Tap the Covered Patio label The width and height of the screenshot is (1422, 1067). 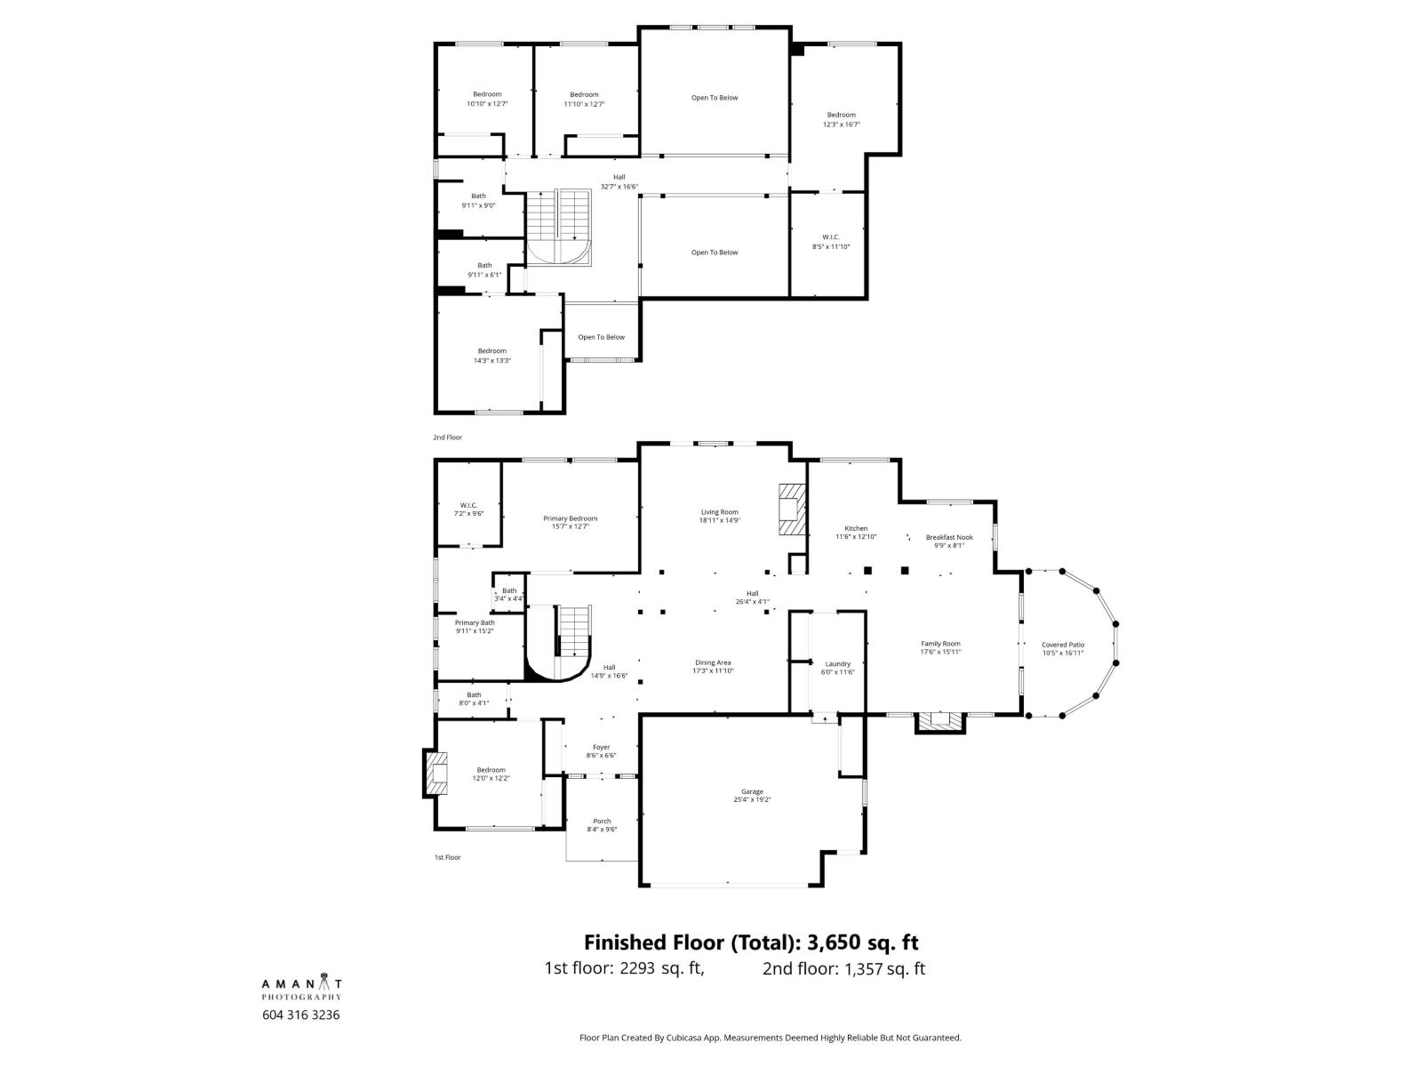tap(1063, 645)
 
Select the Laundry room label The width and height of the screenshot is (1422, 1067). tap(837, 663)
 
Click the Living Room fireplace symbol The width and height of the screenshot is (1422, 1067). tap(788, 509)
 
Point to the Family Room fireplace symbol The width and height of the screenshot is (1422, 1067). tap(939, 723)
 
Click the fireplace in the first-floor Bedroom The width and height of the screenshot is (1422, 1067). tap(435, 774)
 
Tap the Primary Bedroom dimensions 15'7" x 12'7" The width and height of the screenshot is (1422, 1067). tap(571, 526)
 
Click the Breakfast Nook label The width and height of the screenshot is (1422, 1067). tap(949, 537)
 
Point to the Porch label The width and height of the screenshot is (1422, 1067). tap(602, 821)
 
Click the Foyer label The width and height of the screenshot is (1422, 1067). tap(602, 747)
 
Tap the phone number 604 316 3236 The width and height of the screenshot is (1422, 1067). tap(301, 1015)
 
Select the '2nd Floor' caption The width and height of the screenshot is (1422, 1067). tap(447, 437)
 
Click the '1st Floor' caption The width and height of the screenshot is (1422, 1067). tap(447, 857)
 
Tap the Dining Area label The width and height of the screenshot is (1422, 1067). tap(713, 662)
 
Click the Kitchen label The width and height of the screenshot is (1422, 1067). tap(856, 528)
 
